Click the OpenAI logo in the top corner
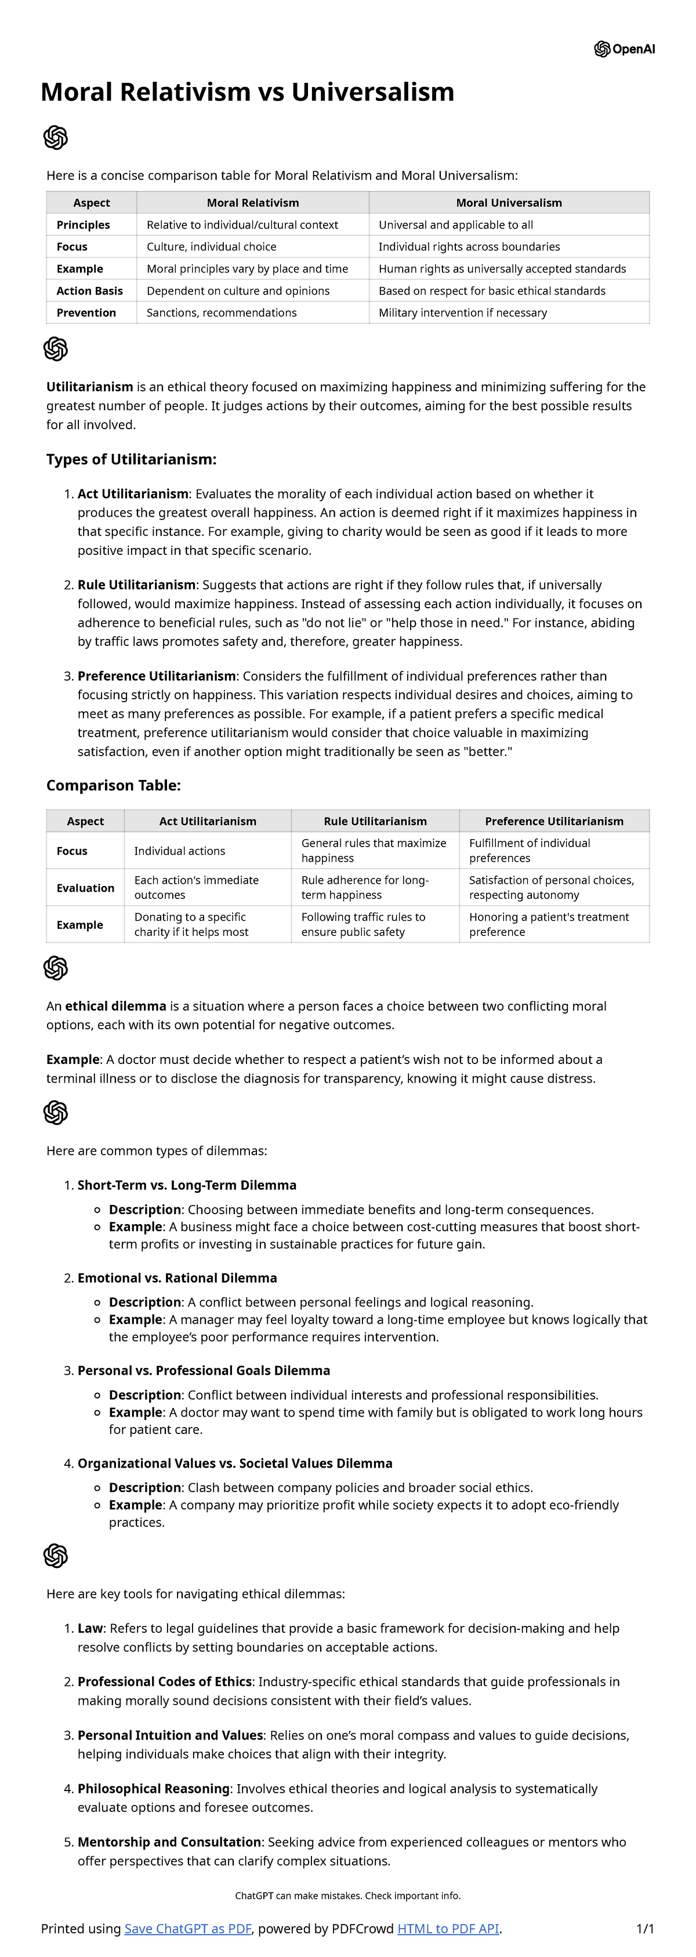(624, 49)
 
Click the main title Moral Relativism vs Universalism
(247, 92)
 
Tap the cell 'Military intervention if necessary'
(462, 313)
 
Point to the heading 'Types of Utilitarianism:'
(132, 460)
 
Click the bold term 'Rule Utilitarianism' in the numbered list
(137, 585)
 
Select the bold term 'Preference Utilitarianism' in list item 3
(157, 676)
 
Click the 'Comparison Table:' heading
(113, 786)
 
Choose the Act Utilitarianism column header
(208, 821)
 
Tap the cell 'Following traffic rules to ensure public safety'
(363, 924)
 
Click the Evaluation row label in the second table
(85, 888)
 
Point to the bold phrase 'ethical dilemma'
(115, 1007)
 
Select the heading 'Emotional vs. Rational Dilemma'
(177, 1279)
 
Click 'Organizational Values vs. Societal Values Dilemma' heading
(235, 1464)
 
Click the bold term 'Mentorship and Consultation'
(169, 1842)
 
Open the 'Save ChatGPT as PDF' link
(188, 1929)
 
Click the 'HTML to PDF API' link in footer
(448, 1929)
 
